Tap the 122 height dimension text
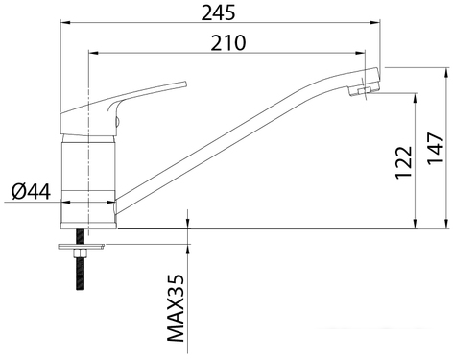[402, 163]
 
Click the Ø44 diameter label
[31, 191]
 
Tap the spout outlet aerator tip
[364, 90]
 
